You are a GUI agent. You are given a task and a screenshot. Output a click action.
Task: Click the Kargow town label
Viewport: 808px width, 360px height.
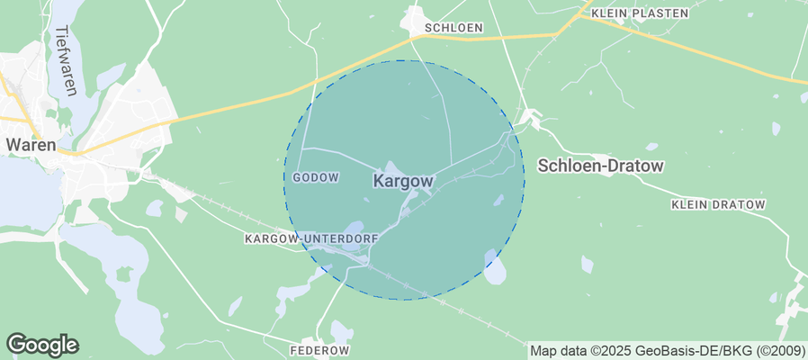402,181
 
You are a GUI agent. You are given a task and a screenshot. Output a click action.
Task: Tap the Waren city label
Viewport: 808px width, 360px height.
31,144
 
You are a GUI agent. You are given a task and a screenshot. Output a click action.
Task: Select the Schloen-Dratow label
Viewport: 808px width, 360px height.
600,166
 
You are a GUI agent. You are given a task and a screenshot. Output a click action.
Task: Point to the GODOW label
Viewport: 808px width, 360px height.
315,177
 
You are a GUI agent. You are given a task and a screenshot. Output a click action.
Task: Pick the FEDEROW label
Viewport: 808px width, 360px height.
319,349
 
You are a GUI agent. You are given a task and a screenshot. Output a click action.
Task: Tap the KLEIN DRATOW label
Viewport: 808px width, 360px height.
718,205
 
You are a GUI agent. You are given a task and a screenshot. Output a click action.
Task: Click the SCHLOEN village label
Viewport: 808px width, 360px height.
453,28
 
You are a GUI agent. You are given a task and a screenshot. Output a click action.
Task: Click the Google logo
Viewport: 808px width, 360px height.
42,344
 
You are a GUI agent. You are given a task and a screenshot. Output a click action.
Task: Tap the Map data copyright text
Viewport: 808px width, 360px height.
667,350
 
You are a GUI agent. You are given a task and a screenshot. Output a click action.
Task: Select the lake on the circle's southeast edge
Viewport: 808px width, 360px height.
494,266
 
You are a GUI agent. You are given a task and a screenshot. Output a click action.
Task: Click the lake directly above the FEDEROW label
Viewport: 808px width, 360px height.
340,331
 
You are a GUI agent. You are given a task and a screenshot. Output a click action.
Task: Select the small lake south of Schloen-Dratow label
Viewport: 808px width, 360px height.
587,264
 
